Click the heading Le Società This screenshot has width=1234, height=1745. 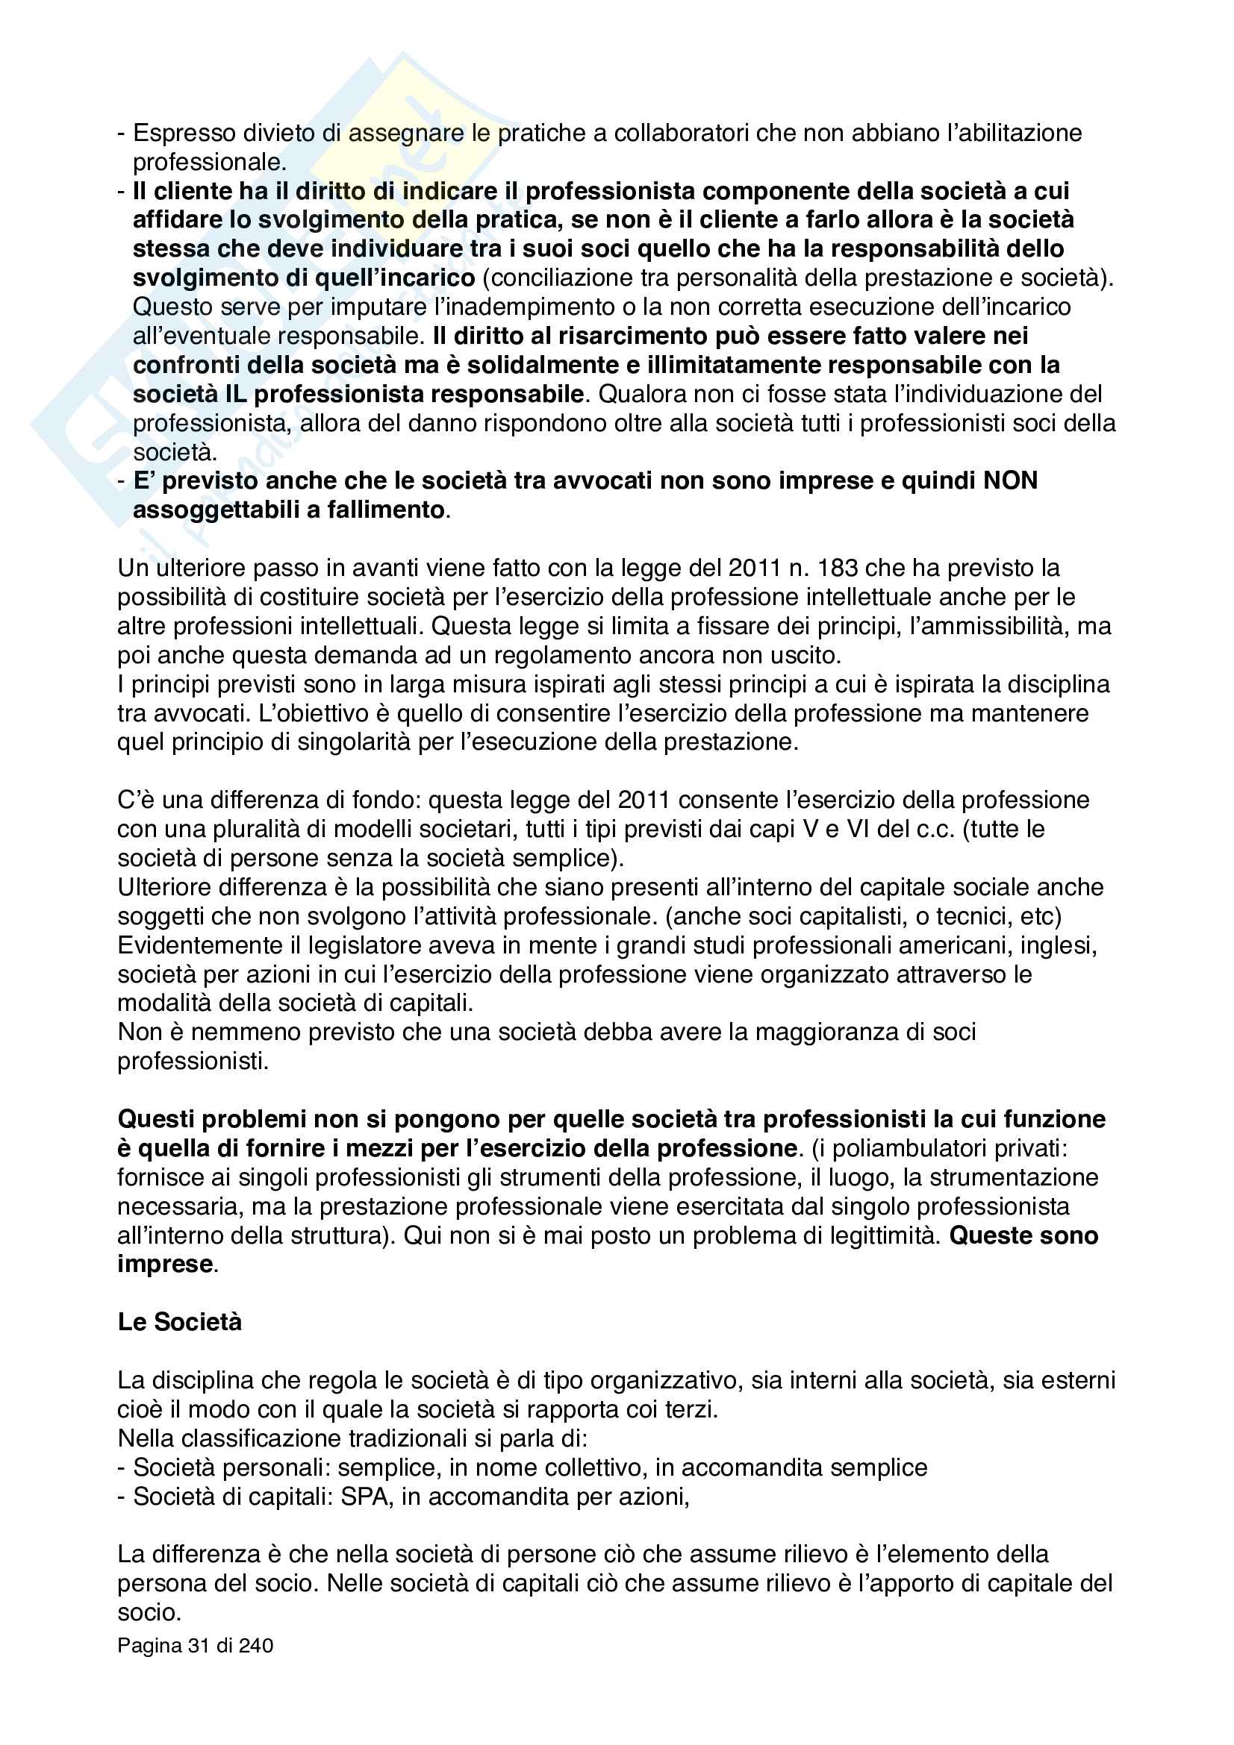(179, 1322)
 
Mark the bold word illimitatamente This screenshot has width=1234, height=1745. (714, 366)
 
